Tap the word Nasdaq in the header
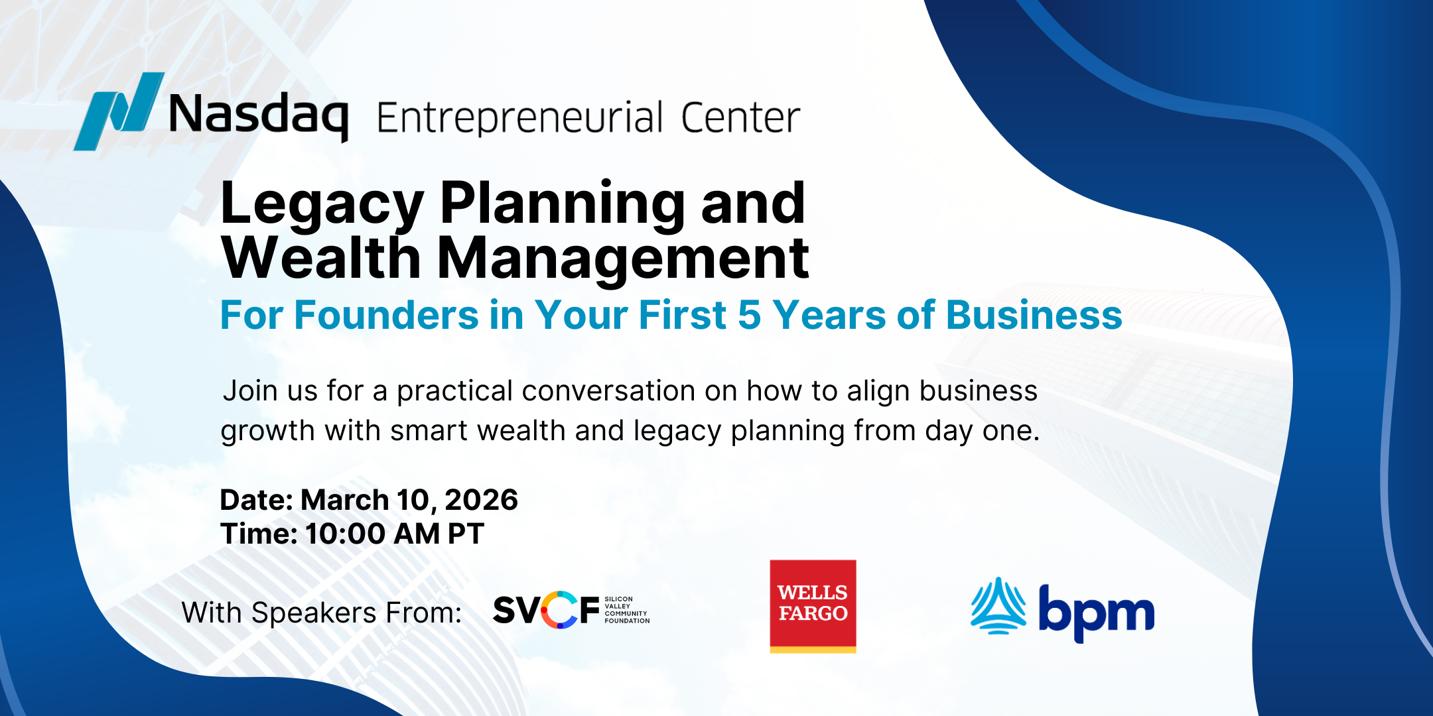(x=258, y=115)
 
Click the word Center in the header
(x=740, y=118)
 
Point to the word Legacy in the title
(x=322, y=204)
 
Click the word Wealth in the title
(x=322, y=258)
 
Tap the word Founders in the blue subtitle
(x=386, y=315)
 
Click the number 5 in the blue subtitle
(x=749, y=315)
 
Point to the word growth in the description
(x=267, y=432)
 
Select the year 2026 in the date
(x=481, y=500)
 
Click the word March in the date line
(x=345, y=500)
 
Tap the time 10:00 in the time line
(x=345, y=534)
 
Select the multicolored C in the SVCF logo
(x=559, y=610)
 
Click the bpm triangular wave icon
(x=998, y=606)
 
